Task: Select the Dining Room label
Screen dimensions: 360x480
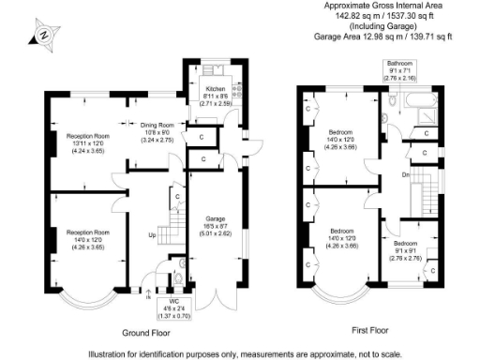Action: point(157,131)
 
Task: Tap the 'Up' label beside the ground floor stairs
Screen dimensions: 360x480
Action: point(151,235)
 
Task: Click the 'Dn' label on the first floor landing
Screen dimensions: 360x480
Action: point(405,174)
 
